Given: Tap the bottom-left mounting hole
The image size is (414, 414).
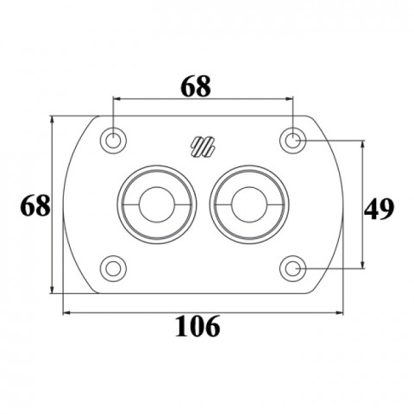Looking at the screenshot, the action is point(113,269).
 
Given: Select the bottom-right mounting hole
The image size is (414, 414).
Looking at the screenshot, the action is point(293,269).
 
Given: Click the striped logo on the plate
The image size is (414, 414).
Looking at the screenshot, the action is point(204,147).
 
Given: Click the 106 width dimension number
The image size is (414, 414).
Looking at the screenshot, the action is point(198,326).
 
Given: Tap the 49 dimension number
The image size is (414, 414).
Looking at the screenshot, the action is point(379,209).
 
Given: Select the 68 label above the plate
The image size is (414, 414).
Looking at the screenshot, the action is point(197,86).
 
